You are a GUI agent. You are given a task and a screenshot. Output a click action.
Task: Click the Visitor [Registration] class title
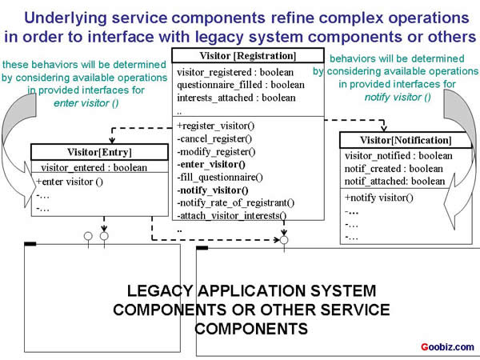236,56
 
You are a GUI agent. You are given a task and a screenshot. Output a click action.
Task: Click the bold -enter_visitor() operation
211,164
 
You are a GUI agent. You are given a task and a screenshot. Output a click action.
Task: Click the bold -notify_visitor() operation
213,190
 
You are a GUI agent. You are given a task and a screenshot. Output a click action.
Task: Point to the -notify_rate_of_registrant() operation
236,203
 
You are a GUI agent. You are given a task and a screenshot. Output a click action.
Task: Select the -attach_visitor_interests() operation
232,216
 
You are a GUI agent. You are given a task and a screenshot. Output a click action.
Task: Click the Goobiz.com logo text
447,347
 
